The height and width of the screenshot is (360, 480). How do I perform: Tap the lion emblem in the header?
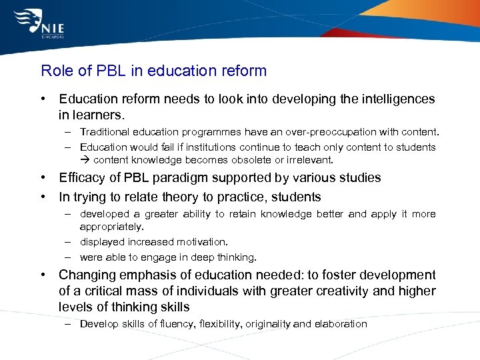click(25, 22)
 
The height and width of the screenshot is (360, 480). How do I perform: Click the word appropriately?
click(111, 227)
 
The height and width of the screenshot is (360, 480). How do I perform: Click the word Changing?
click(85, 275)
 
